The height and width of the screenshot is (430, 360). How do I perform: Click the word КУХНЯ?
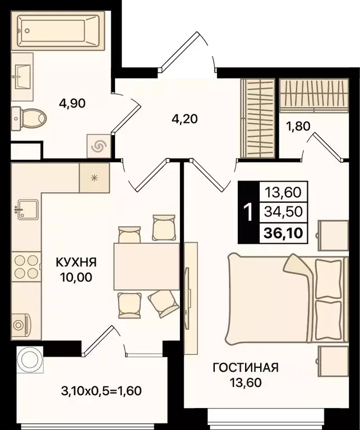pos(76,262)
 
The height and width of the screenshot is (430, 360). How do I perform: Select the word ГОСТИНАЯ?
pos(245,368)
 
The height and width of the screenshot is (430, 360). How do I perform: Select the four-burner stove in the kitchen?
pos(25,267)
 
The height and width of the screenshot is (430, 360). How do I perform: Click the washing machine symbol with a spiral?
pos(99,146)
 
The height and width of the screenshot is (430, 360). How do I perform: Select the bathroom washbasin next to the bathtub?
pos(22,71)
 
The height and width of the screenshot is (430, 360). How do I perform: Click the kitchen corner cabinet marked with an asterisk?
pos(94,178)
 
